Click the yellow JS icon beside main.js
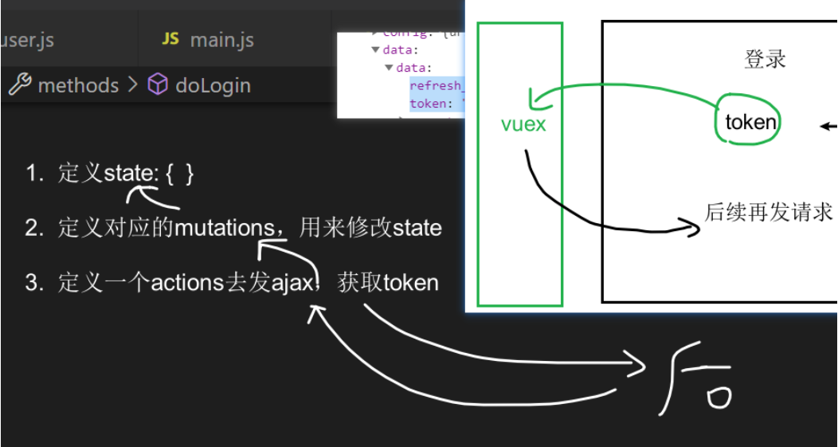click(170, 39)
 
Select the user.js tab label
click(27, 40)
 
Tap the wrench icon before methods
click(19, 84)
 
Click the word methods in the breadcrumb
click(78, 85)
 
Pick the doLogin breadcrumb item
click(213, 85)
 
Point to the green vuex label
click(523, 124)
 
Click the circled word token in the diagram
click(750, 122)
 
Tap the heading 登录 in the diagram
click(765, 60)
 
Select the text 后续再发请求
click(769, 212)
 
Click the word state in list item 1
click(127, 174)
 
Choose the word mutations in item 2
click(224, 228)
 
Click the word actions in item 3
click(188, 283)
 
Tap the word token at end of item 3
click(410, 283)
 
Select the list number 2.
click(33, 228)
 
